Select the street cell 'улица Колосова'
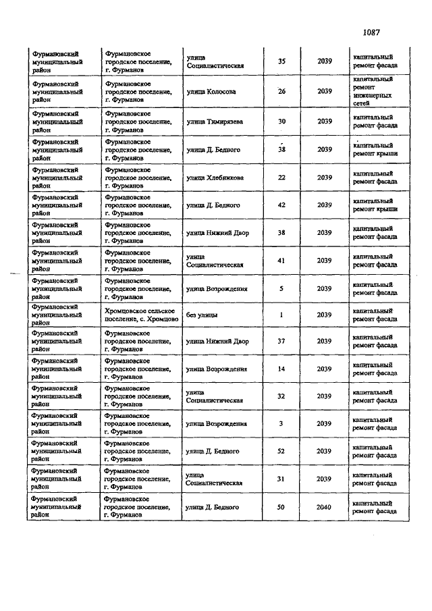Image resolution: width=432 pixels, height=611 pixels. [x=211, y=92]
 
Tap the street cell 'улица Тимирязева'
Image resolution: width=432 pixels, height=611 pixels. [x=215, y=122]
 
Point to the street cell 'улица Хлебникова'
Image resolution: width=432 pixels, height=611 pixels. [x=215, y=178]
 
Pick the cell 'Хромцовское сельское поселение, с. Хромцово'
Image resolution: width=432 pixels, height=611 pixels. [x=141, y=315]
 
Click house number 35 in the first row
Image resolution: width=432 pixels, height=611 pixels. [x=281, y=61]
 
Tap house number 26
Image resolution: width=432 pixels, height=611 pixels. [x=281, y=92]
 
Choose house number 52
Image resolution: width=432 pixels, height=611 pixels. [x=281, y=451]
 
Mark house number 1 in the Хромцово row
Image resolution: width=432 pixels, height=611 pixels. [x=281, y=315]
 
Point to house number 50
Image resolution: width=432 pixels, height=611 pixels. [x=281, y=506]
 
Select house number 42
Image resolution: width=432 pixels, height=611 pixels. [x=281, y=205]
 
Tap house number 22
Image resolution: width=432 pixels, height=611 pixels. [x=281, y=178]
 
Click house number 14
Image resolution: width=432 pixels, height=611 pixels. [x=281, y=369]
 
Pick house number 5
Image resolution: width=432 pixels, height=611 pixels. [x=281, y=288]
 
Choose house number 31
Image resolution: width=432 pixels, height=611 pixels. [x=281, y=479]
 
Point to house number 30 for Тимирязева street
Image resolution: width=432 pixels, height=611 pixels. [x=281, y=122]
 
